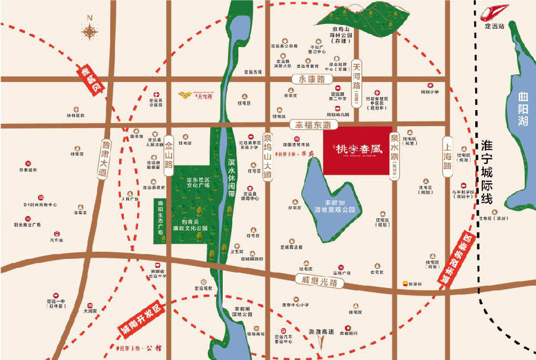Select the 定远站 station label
494,27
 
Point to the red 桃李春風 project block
357,150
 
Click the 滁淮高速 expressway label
322,331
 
